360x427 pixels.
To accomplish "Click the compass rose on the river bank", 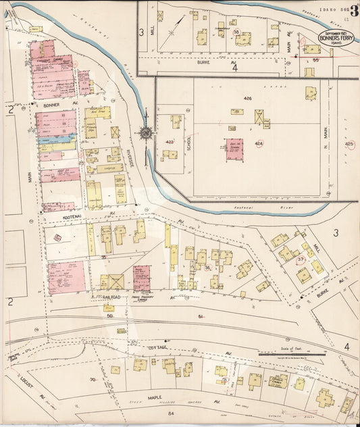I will (x=145, y=133).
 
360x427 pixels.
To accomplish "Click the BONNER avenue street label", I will (x=53, y=106).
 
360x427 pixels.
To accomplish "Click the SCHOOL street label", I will (x=189, y=140).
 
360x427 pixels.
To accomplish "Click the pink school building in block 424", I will (x=234, y=149).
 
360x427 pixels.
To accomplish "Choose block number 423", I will (x=169, y=142).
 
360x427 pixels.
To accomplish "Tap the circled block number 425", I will (x=349, y=144).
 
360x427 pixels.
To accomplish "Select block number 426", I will (x=247, y=99).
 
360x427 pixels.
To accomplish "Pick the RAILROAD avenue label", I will (x=105, y=296).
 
